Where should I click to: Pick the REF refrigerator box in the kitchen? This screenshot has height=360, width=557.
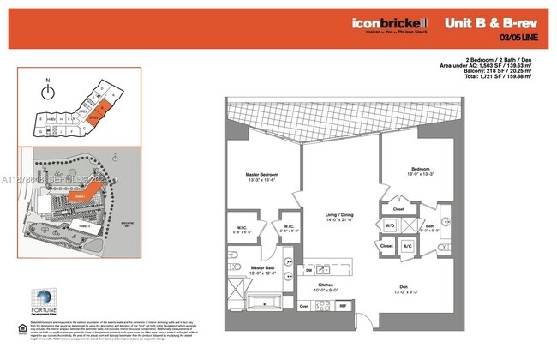(343, 306)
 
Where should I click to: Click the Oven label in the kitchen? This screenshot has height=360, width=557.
(304, 306)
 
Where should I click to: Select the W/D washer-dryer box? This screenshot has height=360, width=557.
(390, 225)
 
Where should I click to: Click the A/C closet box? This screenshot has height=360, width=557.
(408, 247)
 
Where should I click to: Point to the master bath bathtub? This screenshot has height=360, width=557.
(262, 303)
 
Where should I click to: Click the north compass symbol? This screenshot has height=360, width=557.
(49, 88)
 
